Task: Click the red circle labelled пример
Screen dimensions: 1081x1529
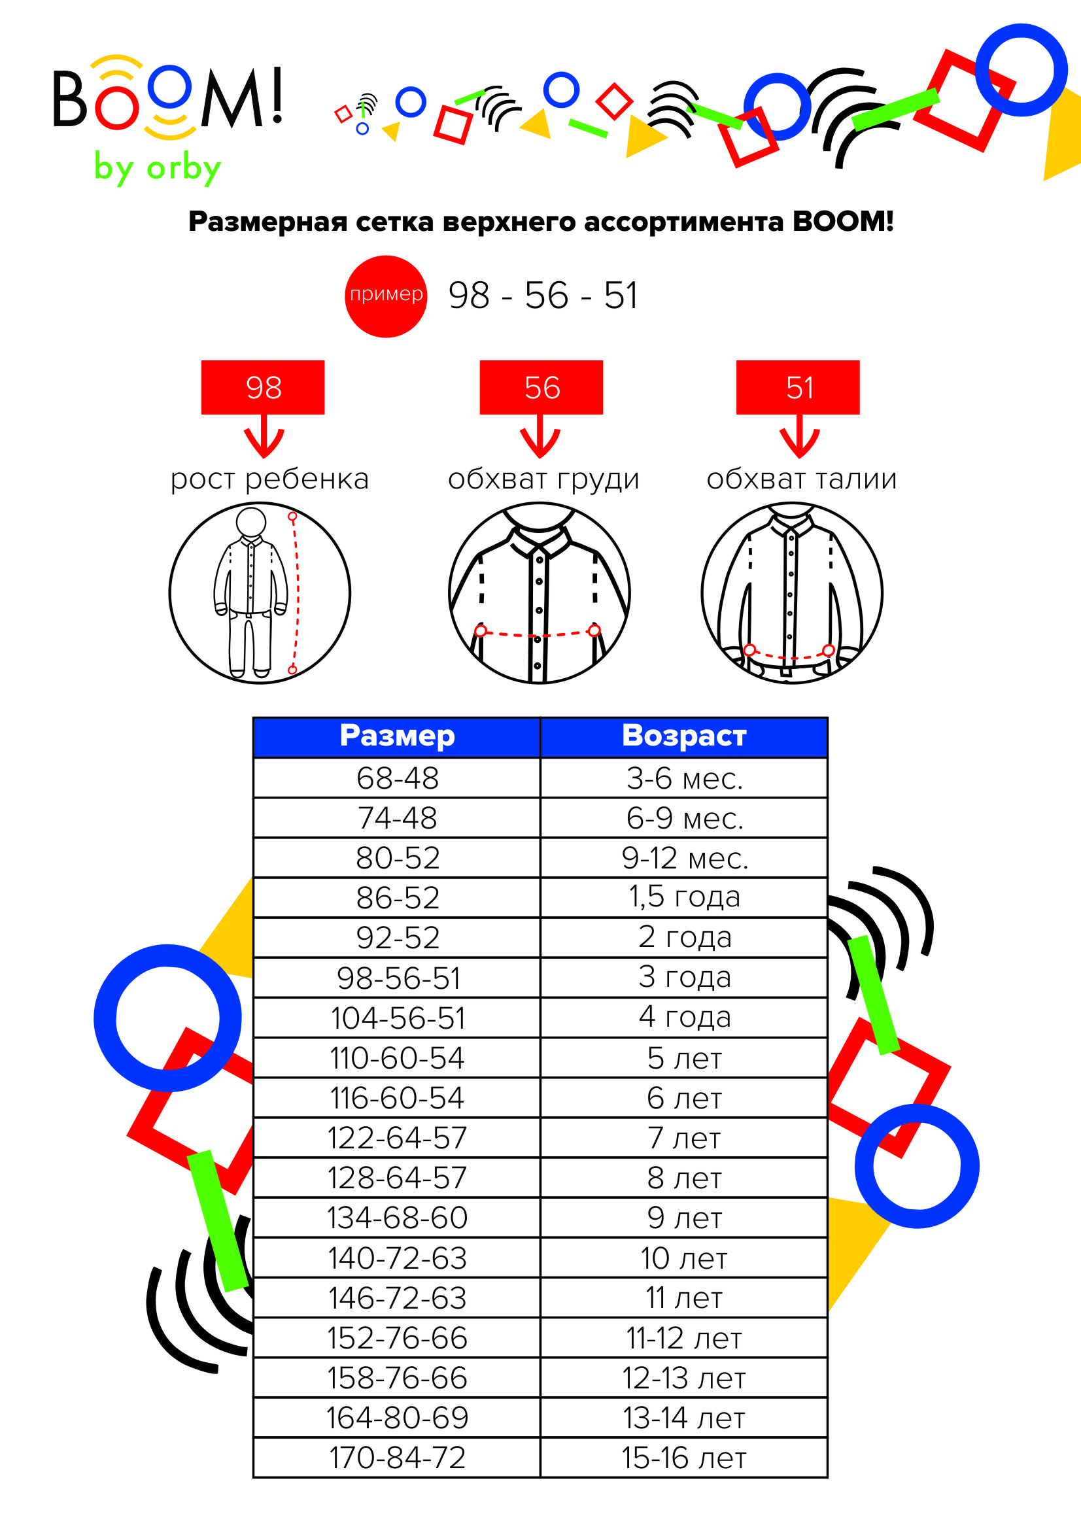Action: [386, 296]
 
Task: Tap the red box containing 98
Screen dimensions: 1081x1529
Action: [263, 388]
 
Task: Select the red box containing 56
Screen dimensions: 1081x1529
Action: [541, 388]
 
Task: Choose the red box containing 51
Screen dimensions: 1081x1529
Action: [798, 388]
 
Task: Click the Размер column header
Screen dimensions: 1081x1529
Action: [397, 737]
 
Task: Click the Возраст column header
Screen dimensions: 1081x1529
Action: [684, 737]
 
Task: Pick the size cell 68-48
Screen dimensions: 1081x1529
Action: [397, 778]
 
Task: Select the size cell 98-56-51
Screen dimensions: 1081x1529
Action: [397, 978]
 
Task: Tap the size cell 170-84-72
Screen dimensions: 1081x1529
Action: [397, 1457]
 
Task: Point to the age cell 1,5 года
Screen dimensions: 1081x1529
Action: [684, 898]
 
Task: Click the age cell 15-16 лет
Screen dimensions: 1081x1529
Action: [684, 1457]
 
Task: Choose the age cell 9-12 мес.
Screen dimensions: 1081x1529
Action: [684, 858]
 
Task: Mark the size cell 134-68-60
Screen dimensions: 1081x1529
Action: [397, 1217]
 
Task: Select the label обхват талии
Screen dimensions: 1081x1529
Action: [801, 479]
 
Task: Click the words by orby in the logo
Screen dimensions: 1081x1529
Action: [157, 168]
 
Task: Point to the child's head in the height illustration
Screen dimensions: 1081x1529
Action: [251, 521]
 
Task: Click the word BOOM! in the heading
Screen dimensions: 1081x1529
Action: [842, 221]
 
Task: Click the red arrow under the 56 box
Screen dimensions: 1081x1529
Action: [540, 436]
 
